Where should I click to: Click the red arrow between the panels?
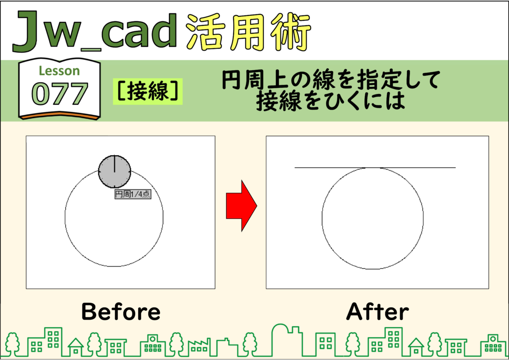point(242,206)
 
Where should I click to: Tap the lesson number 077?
point(60,93)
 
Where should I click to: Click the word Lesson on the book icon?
point(59,71)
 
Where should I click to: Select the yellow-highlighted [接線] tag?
point(148,91)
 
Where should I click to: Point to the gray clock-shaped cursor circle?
point(115,172)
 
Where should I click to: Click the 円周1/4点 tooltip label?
point(133,194)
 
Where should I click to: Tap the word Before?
point(121,311)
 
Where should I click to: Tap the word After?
point(378,311)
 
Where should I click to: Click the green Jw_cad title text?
point(95,31)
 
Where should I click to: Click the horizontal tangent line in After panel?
point(375,168)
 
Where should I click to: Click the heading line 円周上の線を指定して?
point(331,80)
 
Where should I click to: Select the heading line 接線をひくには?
point(331,100)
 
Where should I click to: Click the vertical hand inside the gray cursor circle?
point(115,164)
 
